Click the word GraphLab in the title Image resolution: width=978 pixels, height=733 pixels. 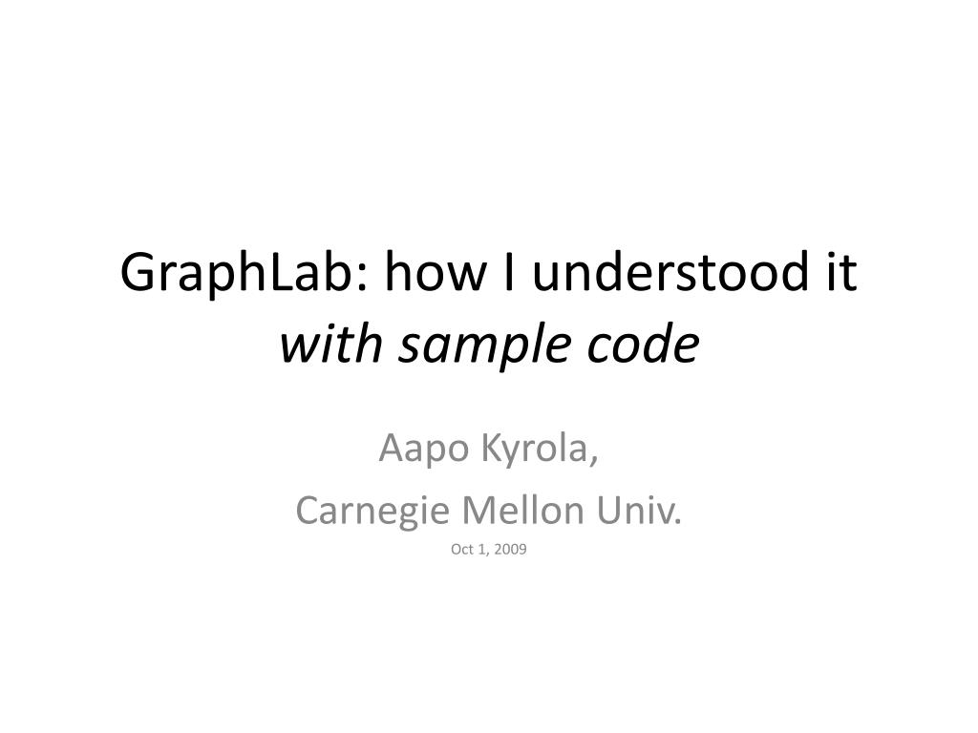pos(238,275)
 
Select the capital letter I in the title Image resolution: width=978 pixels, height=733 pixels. pos(509,275)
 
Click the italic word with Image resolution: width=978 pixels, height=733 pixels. pos(326,346)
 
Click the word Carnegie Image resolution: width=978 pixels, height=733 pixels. pos(373,512)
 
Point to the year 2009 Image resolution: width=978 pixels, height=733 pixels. pos(511,550)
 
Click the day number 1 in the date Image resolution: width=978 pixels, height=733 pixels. pos(482,550)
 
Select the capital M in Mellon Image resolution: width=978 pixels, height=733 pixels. pos(476,512)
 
